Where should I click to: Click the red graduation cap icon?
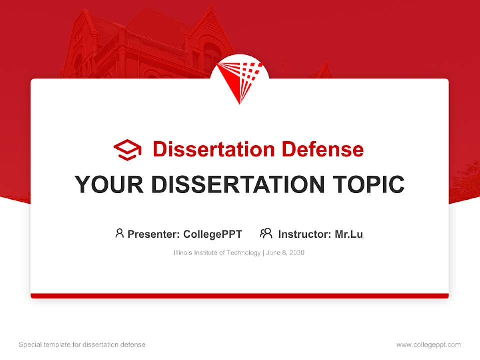coord(127,150)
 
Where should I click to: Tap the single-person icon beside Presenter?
coord(119,233)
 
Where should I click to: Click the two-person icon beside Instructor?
coord(266,233)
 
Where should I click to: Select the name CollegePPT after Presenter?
coord(212,234)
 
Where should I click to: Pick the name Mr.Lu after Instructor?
coord(349,234)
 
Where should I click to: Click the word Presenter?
coord(154,234)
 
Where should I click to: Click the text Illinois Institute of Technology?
coord(217,253)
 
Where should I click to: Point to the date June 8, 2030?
coord(285,253)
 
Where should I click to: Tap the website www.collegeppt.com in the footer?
coord(428,345)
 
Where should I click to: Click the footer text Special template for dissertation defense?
coord(82,345)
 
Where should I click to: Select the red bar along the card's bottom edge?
coord(240,296)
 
